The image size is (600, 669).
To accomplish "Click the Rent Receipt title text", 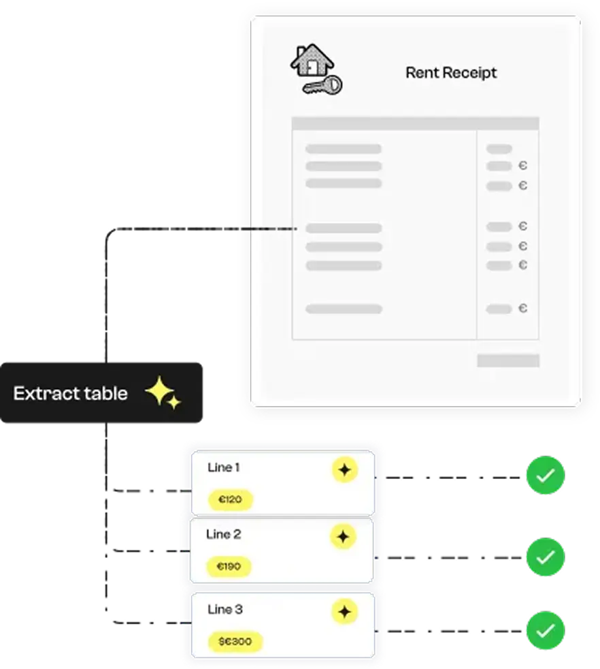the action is (451, 72).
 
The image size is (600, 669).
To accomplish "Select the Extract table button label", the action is (70, 393).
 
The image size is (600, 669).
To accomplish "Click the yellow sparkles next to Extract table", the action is (163, 393).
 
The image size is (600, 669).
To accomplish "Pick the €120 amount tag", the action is (230, 500).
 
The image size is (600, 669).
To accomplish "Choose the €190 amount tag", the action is (229, 566).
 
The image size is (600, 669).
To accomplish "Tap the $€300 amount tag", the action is (235, 641).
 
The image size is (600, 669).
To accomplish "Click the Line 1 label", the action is (223, 467).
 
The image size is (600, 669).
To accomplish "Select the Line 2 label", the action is (223, 534).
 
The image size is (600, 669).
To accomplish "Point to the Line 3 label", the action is (224, 609).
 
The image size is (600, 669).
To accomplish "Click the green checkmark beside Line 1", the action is (545, 476).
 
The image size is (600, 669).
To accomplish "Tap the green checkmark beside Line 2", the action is (545, 557).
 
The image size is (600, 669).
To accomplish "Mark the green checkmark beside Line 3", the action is (545, 631).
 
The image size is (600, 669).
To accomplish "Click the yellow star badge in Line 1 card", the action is (344, 470).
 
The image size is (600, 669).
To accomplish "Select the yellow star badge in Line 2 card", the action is (343, 537).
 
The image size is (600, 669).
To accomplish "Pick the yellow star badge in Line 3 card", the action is (344, 612).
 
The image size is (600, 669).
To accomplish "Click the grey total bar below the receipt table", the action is (507, 360).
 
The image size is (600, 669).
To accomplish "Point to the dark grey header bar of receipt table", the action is (415, 123).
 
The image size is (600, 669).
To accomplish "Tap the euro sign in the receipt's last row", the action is (522, 309).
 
